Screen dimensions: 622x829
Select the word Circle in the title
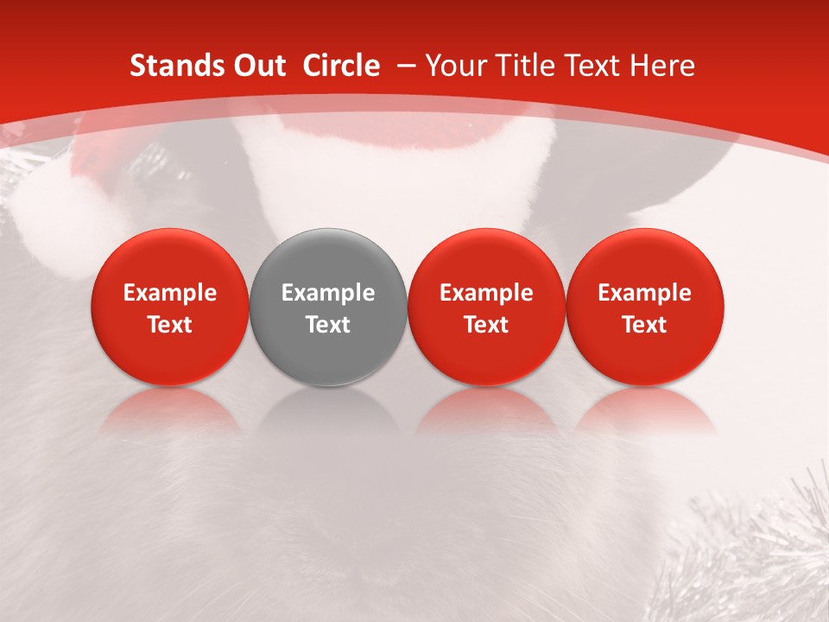[341, 66]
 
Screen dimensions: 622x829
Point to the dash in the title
[403, 66]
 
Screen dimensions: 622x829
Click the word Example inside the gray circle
[328, 293]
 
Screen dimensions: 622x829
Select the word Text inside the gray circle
[328, 325]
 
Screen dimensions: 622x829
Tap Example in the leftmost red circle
[170, 293]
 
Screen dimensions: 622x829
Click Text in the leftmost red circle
[170, 325]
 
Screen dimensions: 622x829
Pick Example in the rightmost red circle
[645, 293]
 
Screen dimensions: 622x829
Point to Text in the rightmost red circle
[645, 325]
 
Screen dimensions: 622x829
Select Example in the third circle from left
[486, 293]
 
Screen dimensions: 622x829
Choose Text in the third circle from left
[486, 325]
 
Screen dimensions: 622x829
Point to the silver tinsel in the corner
[760, 553]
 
